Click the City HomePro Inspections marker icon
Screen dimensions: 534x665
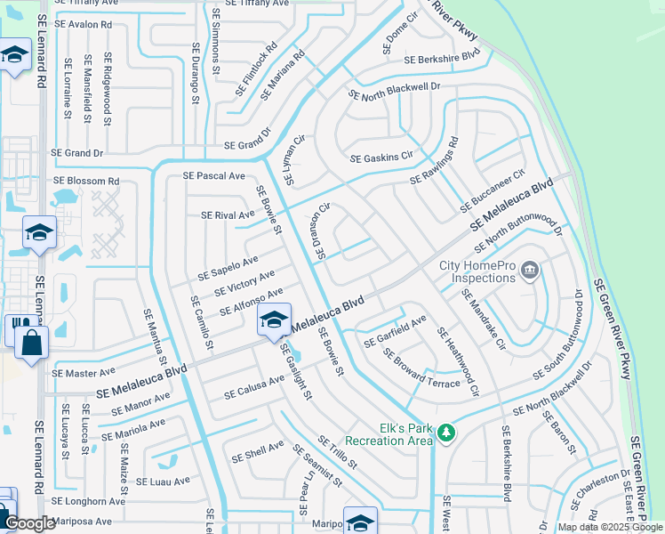click(531, 269)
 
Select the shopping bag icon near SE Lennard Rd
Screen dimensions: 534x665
click(31, 344)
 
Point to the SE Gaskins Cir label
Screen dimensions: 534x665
click(382, 158)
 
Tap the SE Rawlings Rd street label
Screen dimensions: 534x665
click(434, 161)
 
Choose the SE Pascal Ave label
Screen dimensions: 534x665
click(213, 176)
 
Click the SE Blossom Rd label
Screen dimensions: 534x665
click(86, 181)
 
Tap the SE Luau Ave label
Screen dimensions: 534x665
click(163, 481)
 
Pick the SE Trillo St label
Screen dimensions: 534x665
click(337, 452)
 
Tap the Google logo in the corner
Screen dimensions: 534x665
click(29, 524)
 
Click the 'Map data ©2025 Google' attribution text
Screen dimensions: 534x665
click(610, 527)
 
